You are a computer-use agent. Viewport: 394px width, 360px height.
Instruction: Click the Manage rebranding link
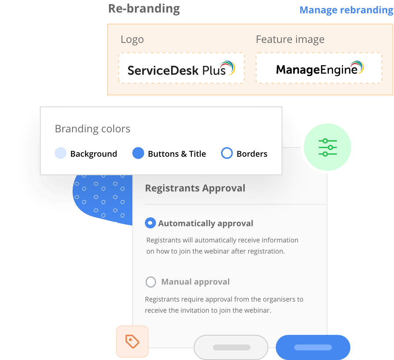click(x=346, y=10)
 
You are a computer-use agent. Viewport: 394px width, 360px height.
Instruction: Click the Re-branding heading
click(x=144, y=9)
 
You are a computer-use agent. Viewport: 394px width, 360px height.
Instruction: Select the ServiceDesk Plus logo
click(x=181, y=68)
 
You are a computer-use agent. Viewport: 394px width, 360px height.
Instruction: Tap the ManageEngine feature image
click(x=319, y=68)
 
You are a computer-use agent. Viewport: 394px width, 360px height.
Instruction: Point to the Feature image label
click(x=290, y=40)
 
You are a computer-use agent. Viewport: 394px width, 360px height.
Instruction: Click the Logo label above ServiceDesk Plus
click(x=132, y=40)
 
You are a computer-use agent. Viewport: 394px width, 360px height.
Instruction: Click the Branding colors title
click(x=92, y=129)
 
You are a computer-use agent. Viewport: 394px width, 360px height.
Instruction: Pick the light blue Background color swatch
click(x=61, y=153)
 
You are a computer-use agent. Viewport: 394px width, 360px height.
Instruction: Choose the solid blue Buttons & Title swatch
click(x=138, y=153)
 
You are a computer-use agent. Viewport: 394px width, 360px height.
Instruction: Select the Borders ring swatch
click(x=227, y=153)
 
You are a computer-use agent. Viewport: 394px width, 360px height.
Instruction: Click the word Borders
click(x=252, y=154)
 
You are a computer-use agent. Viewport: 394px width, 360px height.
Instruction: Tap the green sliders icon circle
click(x=327, y=147)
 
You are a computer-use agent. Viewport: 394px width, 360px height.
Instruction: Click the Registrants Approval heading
click(x=195, y=188)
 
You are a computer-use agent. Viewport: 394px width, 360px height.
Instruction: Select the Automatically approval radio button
click(x=150, y=223)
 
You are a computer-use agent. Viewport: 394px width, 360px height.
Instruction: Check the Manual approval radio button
click(x=150, y=282)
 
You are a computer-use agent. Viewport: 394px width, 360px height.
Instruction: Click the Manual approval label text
click(x=196, y=282)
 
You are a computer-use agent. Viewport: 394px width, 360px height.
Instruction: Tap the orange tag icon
click(x=132, y=342)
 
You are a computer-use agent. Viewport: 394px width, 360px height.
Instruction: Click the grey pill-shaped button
click(x=231, y=347)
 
